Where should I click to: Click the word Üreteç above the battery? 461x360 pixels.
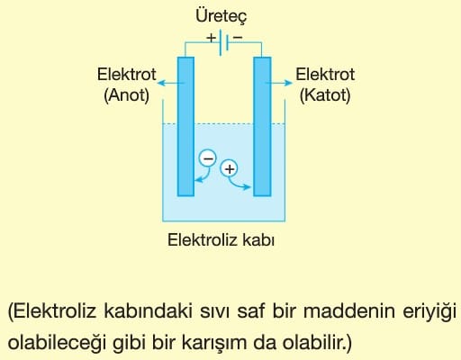point(221,15)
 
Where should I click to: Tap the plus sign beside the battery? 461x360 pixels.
point(211,38)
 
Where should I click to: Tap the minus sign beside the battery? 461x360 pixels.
point(238,37)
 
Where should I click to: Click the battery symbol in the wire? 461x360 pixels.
point(224,42)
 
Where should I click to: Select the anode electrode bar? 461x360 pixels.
point(185,127)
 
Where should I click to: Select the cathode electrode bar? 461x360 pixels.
point(262,127)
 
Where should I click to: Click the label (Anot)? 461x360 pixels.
point(126,95)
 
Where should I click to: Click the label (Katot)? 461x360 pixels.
point(325,95)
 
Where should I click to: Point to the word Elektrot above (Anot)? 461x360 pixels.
point(126,74)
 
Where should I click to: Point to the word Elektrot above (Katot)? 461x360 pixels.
point(325,74)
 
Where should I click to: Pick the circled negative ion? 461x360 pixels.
point(207,158)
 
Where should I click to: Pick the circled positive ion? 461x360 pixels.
point(230,168)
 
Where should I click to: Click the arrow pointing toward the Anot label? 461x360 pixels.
point(171,83)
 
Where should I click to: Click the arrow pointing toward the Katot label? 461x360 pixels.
point(279,83)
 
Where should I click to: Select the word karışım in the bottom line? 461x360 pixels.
point(214,343)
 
